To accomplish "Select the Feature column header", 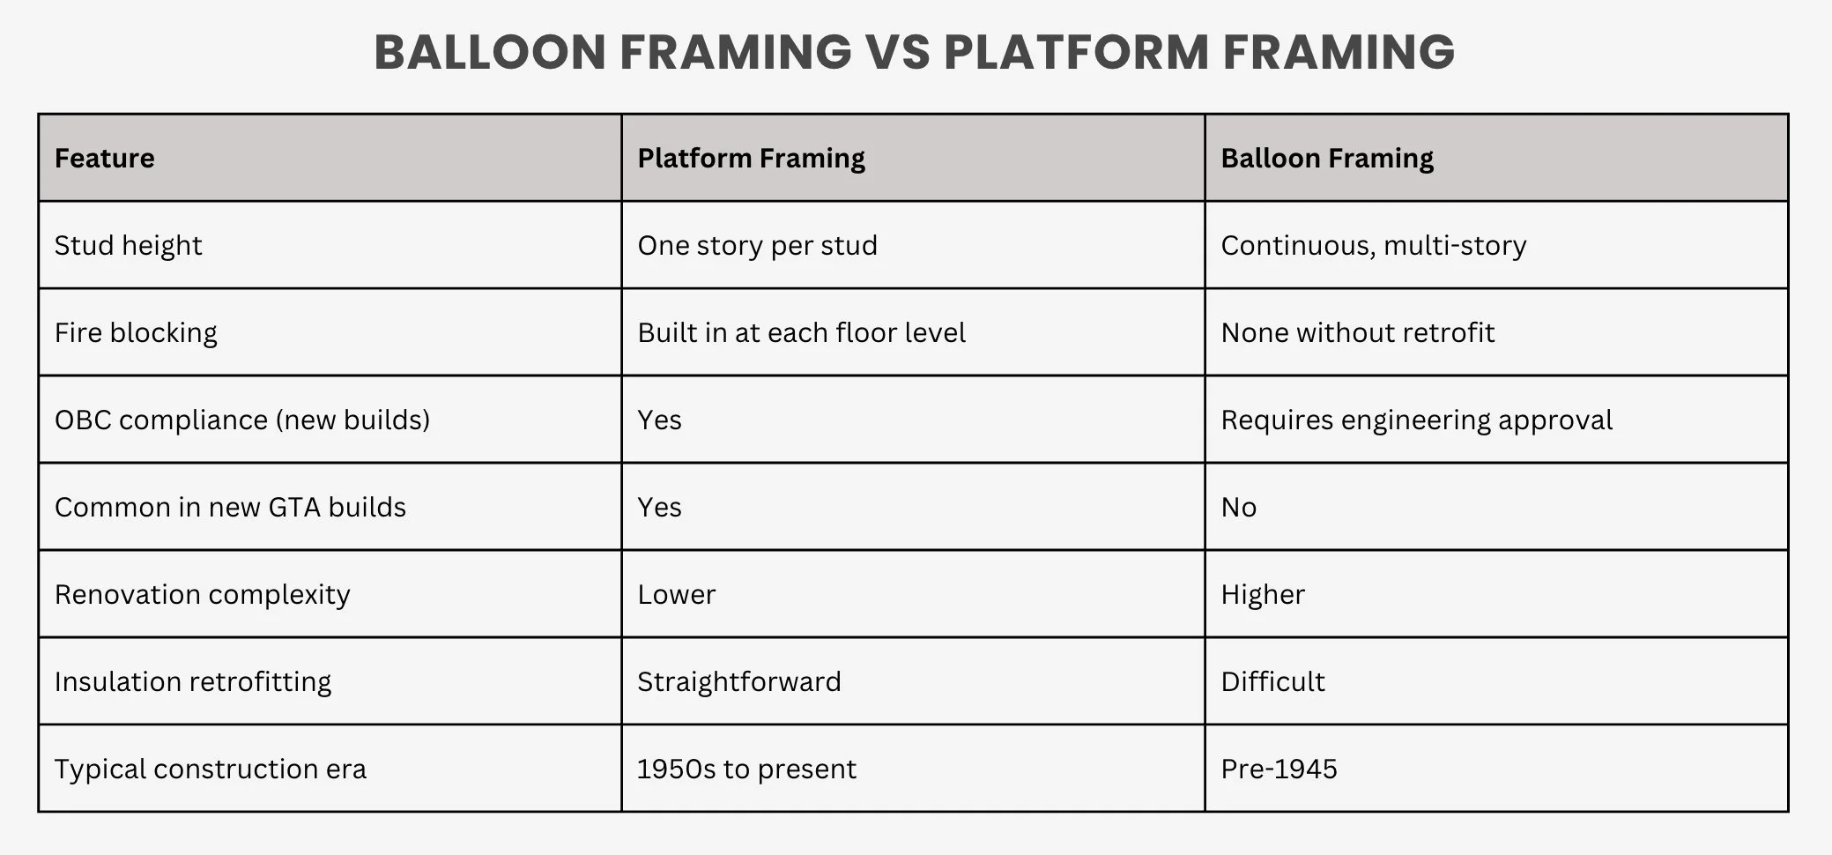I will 104,159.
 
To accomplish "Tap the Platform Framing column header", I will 751,159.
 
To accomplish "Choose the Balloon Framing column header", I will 1326,159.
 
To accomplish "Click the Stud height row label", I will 128,246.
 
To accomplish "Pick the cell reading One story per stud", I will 757,246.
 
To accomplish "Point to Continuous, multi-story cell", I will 1373,246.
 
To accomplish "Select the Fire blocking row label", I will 136,333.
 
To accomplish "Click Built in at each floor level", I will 801,333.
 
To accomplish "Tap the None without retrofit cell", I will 1357,333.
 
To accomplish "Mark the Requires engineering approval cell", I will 1416,420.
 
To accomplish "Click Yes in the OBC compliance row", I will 659,420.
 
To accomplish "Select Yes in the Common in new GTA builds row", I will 659,508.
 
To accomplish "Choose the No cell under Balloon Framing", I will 1238,508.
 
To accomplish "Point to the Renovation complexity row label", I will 202,595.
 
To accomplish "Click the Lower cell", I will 676,595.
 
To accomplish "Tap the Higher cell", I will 1262,595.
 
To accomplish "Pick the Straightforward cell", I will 738,682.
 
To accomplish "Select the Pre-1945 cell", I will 1279,769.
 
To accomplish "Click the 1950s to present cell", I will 745,769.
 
